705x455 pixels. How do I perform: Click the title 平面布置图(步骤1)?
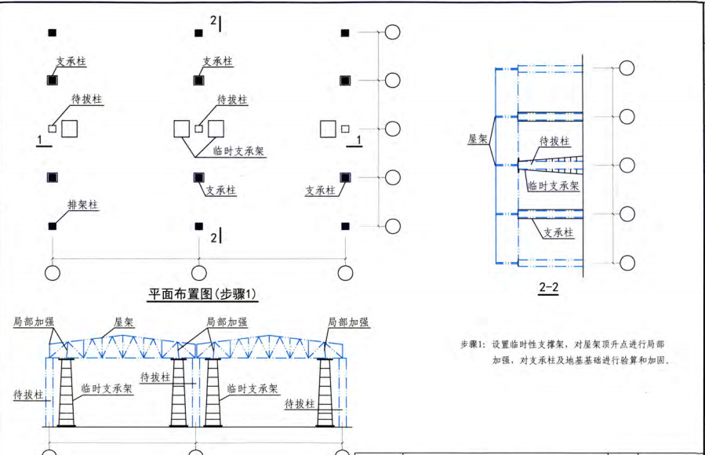click(203, 295)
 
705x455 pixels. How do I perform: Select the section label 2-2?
click(548, 288)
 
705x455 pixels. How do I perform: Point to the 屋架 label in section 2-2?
click(478, 139)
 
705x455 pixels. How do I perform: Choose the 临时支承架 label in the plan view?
click(238, 152)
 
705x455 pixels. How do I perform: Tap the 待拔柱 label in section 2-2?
click(554, 141)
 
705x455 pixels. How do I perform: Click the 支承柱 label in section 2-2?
click(558, 233)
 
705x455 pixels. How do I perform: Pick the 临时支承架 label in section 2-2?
click(553, 186)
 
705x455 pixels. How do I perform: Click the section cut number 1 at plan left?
click(38, 139)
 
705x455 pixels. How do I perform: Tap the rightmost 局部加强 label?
click(348, 322)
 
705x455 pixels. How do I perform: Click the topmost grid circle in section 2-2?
click(627, 67)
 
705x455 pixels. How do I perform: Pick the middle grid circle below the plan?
click(199, 272)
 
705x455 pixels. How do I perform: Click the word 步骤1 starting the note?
click(473, 344)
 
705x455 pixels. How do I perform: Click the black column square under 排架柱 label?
click(53, 226)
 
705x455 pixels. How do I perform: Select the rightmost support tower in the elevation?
click(325, 392)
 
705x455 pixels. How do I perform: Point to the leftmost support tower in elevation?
click(64, 392)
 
